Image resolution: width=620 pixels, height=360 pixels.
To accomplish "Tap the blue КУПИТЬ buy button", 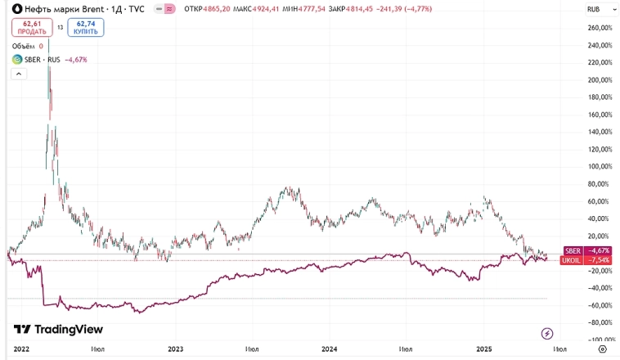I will (x=86, y=27).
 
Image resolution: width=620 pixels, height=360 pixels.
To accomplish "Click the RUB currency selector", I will (x=595, y=8).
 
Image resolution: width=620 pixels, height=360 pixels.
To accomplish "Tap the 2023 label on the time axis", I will (x=175, y=349).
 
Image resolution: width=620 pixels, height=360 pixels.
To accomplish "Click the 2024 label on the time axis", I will (x=329, y=349).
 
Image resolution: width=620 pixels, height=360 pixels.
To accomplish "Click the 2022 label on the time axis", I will (x=22, y=349).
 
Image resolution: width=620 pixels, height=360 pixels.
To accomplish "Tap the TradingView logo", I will (x=58, y=329).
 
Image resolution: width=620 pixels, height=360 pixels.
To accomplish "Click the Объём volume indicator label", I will (x=27, y=46).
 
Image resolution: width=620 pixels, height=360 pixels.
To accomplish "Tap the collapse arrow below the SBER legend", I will (x=16, y=74).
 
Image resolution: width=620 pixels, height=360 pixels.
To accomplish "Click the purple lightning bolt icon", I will (x=547, y=333).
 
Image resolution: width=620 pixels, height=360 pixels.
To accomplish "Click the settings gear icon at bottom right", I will (x=602, y=349).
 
